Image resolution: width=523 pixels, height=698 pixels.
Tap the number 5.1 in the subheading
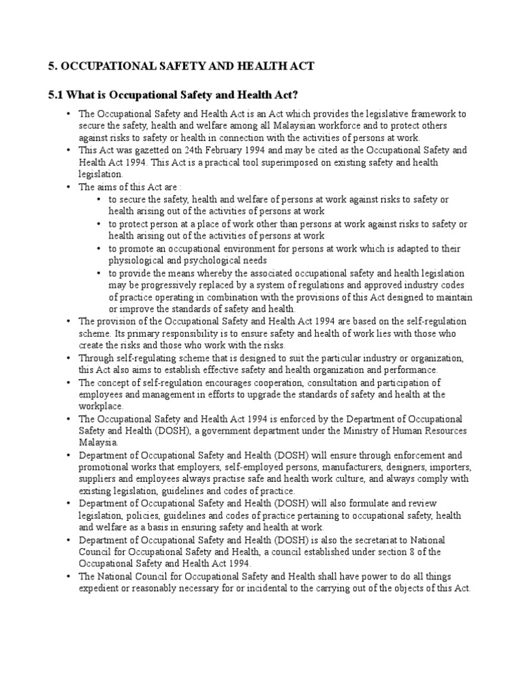57,93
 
